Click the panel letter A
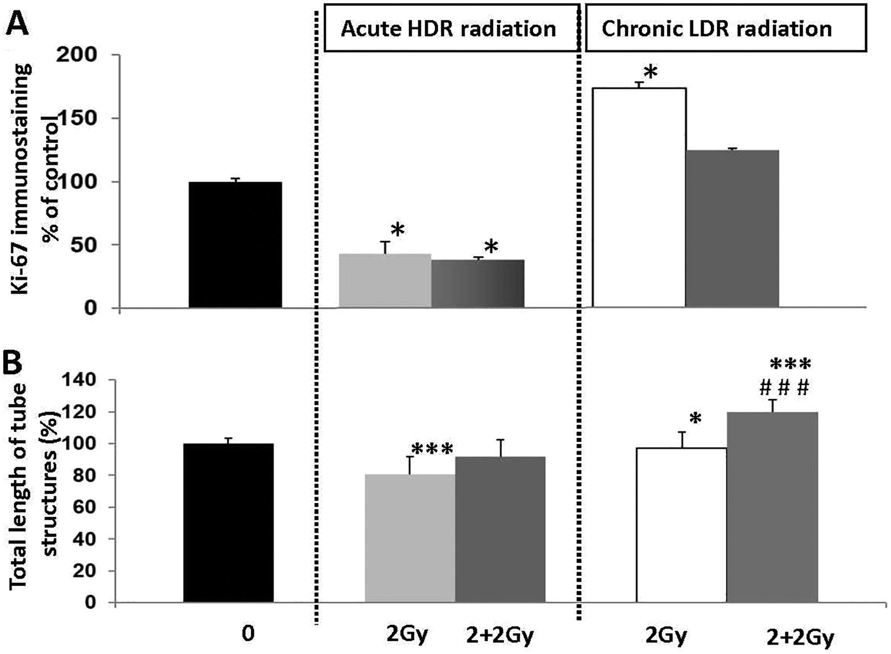click(x=17, y=23)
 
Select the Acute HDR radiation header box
click(x=451, y=28)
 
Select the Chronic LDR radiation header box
click(x=725, y=28)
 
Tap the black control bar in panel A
click(x=235, y=245)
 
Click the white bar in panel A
click(x=639, y=198)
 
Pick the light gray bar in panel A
click(x=385, y=281)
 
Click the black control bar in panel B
click(x=229, y=523)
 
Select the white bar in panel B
click(x=681, y=525)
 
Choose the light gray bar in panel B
click(x=410, y=538)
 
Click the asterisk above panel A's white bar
click(x=650, y=72)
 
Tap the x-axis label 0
click(x=248, y=634)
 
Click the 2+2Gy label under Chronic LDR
click(x=800, y=637)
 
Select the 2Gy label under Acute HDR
click(x=407, y=635)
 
